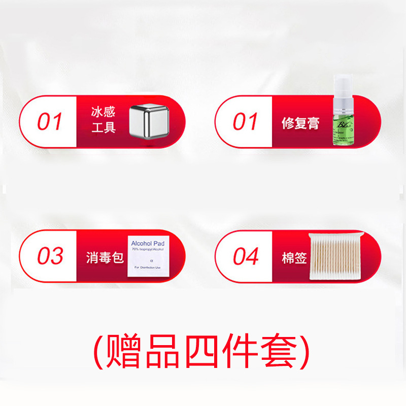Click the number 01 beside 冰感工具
[50, 122]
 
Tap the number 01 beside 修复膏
[246, 122]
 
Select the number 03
[50, 256]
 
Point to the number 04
[246, 256]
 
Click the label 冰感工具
[104, 120]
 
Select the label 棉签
[294, 258]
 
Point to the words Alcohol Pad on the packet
[148, 243]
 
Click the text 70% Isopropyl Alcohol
[148, 249]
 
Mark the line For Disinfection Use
[147, 267]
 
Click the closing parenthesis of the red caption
[304, 351]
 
